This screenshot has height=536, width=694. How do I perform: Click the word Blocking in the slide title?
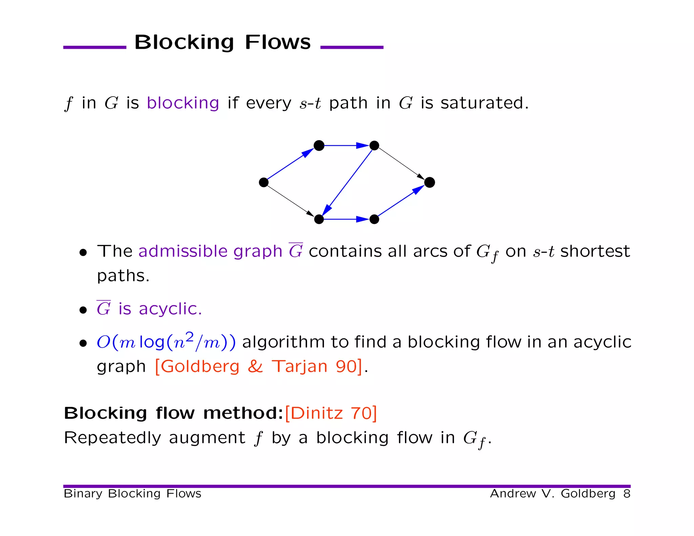pyautogui.click(x=184, y=42)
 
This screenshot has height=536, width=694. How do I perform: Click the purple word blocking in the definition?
pyautogui.click(x=183, y=103)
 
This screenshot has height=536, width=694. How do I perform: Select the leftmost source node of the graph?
pyautogui.click(x=264, y=182)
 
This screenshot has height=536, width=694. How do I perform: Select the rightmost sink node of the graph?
pyautogui.click(x=429, y=182)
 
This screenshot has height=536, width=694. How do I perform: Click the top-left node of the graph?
pyautogui.click(x=319, y=146)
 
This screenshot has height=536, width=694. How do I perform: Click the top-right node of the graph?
pyautogui.click(x=374, y=146)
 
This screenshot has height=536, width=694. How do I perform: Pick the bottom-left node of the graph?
pyautogui.click(x=319, y=219)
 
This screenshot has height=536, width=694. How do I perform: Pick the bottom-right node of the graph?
pyautogui.click(x=374, y=219)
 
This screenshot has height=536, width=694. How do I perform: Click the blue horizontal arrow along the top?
pyautogui.click(x=346, y=146)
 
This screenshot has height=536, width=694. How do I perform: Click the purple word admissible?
pyautogui.click(x=183, y=251)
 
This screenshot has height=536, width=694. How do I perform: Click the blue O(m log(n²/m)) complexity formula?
pyautogui.click(x=166, y=342)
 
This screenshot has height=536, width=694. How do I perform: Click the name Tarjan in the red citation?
pyautogui.click(x=300, y=367)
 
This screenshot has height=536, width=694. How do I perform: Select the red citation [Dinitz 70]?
pyautogui.click(x=331, y=413)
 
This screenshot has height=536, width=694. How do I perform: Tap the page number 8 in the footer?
pyautogui.click(x=627, y=494)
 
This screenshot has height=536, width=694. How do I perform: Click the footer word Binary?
pyautogui.click(x=83, y=494)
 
